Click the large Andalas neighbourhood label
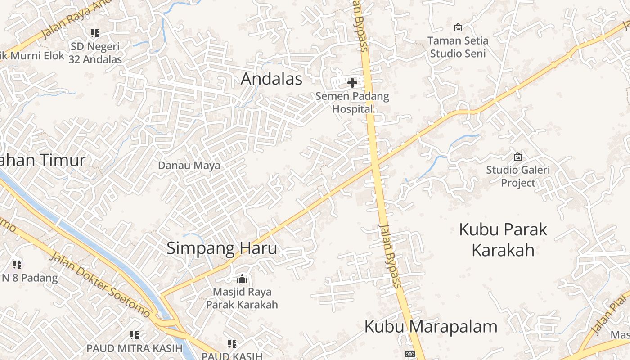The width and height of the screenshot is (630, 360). (x=271, y=79)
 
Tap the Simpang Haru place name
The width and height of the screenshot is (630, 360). (x=222, y=248)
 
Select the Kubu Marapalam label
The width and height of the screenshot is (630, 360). (x=431, y=327)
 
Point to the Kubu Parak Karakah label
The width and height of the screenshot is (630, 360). (x=503, y=239)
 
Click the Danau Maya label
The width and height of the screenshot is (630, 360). (x=189, y=166)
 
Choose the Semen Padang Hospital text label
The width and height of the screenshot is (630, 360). (x=352, y=102)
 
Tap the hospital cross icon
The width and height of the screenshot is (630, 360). (x=352, y=82)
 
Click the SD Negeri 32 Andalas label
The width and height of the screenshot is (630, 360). (x=95, y=53)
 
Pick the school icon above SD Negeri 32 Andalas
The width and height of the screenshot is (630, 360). (x=94, y=33)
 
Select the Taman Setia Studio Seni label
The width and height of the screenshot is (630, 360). (x=458, y=47)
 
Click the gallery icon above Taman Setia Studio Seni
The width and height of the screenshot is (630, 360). (x=458, y=27)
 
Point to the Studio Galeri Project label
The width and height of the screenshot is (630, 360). (x=518, y=176)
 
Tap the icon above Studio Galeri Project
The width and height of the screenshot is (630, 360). (x=518, y=157)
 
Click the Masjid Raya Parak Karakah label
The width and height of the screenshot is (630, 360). (x=242, y=298)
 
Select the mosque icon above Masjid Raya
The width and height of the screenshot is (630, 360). (x=242, y=279)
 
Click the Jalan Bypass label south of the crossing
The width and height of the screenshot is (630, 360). (x=390, y=255)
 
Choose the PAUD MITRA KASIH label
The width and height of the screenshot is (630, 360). (x=135, y=348)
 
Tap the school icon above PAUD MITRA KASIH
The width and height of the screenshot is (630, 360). (x=134, y=335)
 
